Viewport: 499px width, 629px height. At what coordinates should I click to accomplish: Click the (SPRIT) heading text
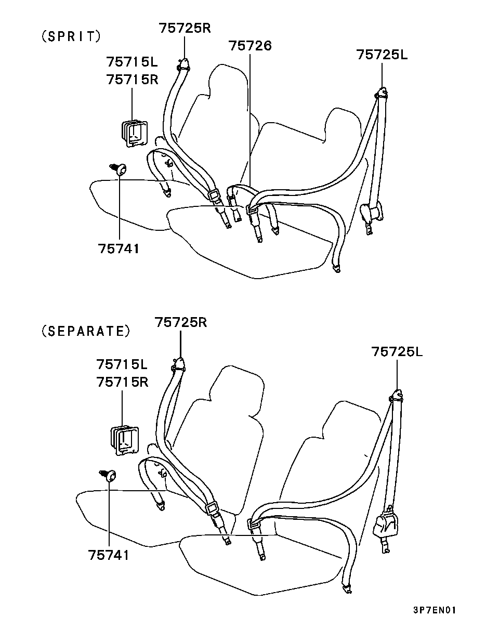click(71, 36)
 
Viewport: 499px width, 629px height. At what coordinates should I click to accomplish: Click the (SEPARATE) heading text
click(86, 332)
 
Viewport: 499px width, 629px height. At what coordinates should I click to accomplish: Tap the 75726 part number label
click(250, 46)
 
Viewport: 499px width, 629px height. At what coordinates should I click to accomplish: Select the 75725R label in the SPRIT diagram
click(185, 29)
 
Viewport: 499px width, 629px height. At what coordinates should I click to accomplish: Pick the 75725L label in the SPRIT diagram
click(382, 55)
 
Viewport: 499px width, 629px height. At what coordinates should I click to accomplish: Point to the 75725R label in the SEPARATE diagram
click(181, 322)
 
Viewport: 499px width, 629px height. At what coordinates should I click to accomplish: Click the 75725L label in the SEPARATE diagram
click(397, 352)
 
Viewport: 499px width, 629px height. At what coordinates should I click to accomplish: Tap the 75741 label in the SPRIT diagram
click(119, 249)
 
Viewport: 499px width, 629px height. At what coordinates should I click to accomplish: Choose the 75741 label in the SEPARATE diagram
click(109, 555)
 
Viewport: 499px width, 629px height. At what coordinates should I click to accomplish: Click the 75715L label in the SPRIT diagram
click(132, 62)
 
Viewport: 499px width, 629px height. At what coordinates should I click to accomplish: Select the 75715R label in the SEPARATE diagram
click(123, 382)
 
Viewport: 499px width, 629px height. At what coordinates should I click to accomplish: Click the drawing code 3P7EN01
click(435, 610)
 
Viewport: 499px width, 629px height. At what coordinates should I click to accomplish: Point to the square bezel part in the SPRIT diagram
click(134, 134)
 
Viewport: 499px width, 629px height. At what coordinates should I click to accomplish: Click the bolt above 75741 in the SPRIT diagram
click(119, 169)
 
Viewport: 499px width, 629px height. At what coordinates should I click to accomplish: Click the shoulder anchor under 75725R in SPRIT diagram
click(183, 64)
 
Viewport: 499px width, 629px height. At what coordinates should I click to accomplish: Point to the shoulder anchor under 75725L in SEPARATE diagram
click(396, 396)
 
